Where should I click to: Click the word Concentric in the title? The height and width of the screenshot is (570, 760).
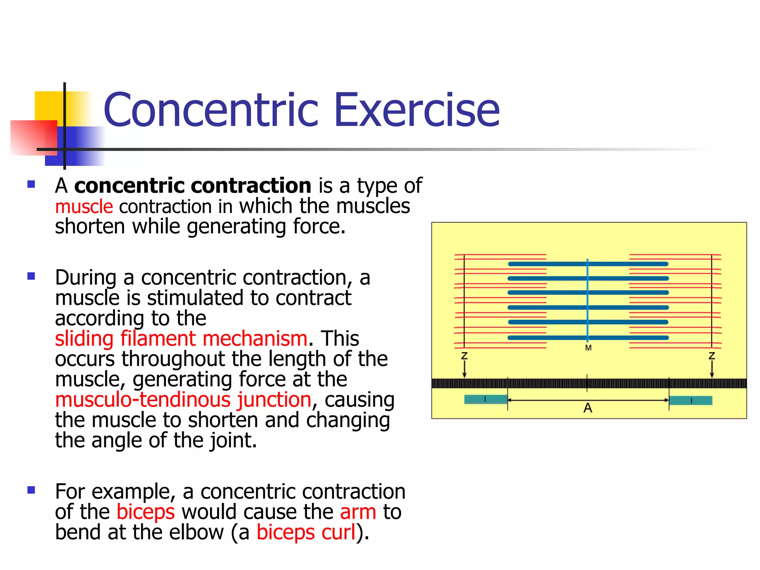211,110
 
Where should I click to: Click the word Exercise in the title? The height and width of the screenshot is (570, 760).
417,110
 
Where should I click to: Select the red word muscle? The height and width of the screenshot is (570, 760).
84,207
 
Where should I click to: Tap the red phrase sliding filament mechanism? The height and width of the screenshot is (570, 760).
181,338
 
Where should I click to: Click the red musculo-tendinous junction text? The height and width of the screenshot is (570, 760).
183,400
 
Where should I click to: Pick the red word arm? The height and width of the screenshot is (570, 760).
358,512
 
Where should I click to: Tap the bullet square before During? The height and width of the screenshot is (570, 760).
31,276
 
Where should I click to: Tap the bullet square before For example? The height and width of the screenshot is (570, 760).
31,490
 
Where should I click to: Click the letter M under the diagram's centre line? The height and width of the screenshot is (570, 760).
588,348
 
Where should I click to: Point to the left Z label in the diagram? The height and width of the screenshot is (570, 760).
464,356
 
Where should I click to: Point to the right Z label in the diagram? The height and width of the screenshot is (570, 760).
711,356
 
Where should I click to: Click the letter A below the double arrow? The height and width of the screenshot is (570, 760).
588,408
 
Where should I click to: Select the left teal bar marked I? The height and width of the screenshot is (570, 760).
485,399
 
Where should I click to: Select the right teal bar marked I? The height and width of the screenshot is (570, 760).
691,400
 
